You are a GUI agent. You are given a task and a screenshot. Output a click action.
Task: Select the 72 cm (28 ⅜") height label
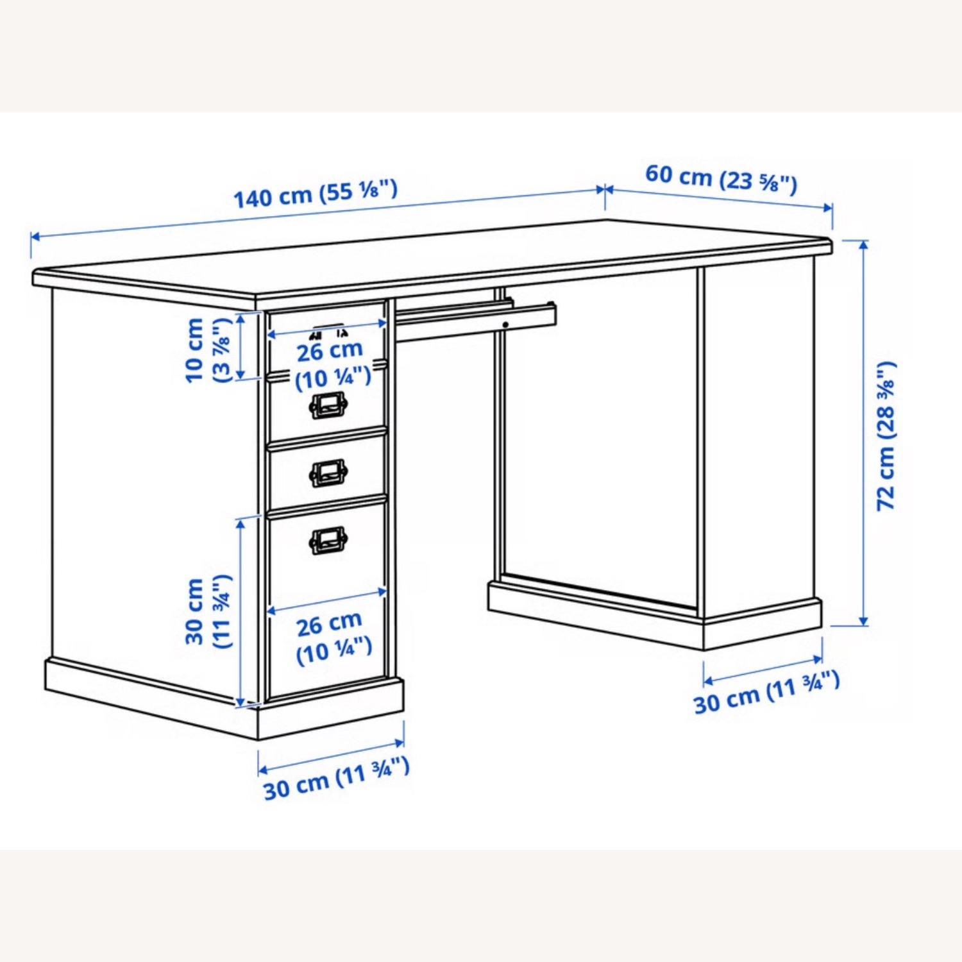(886, 436)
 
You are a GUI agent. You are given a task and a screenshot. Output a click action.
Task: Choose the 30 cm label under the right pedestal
(766, 693)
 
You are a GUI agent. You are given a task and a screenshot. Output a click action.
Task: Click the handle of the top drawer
(328, 405)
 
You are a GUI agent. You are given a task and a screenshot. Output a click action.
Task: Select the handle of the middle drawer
(328, 473)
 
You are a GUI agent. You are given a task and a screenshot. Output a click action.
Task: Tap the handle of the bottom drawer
(328, 540)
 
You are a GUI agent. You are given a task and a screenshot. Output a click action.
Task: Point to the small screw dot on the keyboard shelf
(505, 325)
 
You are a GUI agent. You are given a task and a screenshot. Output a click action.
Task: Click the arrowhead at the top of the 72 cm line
(864, 244)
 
